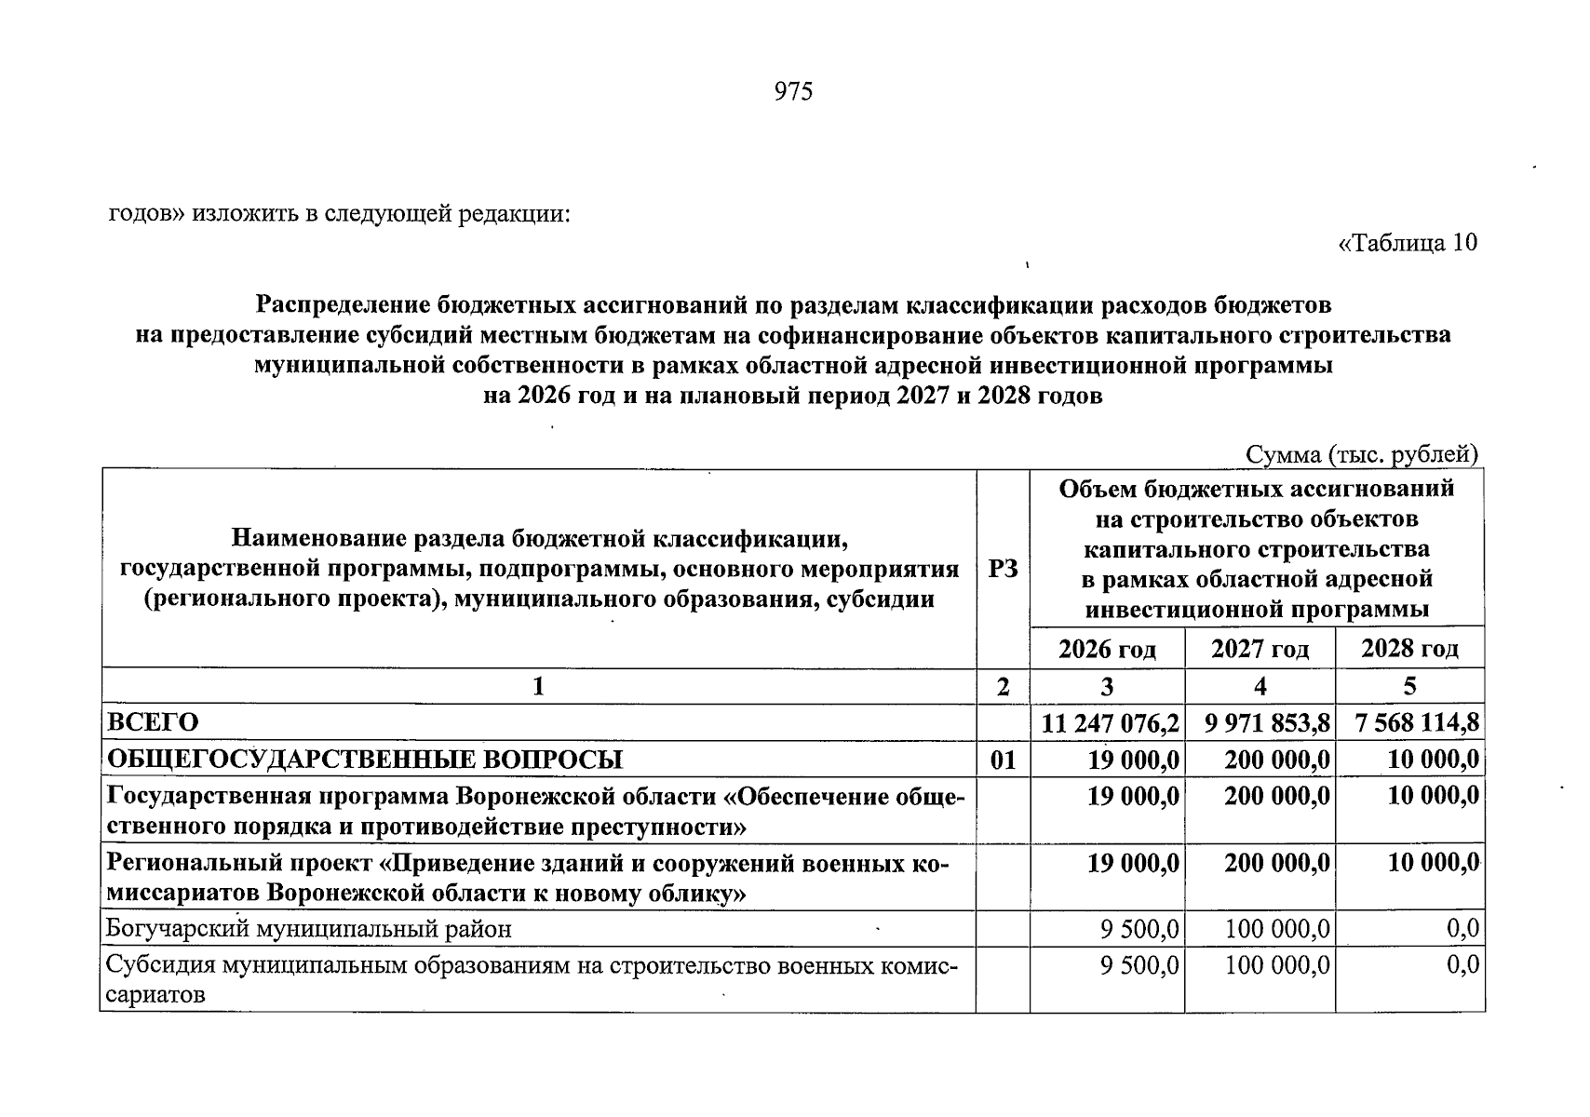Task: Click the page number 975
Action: [793, 91]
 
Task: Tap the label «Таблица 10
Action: [1407, 243]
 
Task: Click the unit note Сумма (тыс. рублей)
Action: [1362, 454]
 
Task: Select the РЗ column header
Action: [1003, 569]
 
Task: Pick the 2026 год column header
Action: [1107, 649]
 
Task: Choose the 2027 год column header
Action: [1260, 649]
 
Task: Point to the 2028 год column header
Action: [1409, 649]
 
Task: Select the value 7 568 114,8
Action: [1418, 723]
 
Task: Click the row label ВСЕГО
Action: [153, 723]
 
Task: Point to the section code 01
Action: [1003, 760]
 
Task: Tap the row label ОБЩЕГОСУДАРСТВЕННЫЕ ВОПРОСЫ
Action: [365, 760]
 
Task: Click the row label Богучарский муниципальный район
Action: [309, 929]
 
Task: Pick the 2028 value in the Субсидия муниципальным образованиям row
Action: [1462, 965]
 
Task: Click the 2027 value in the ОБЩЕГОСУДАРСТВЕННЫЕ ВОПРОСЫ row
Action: [1276, 760]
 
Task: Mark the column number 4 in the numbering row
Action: [1260, 687]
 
